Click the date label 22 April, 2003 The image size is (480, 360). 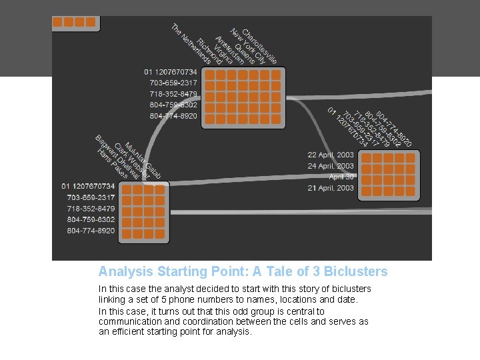pyautogui.click(x=331, y=155)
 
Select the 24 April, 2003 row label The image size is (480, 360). pyautogui.click(x=331, y=166)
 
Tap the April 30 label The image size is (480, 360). pyautogui.click(x=341, y=177)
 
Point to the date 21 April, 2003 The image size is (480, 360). pyautogui.click(x=331, y=188)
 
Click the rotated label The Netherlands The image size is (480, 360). pyautogui.click(x=191, y=45)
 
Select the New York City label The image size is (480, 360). pyautogui.click(x=247, y=46)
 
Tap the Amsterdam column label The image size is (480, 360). pyautogui.click(x=231, y=49)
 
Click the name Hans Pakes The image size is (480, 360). pyautogui.click(x=111, y=164)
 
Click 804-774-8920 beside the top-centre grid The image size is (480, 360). pyautogui.click(x=173, y=116)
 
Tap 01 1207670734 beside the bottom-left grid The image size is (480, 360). pyautogui.click(x=88, y=186)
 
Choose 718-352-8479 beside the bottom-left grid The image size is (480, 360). pyautogui.click(x=91, y=209)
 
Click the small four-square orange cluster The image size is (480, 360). pyautogui.click(x=74, y=22)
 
